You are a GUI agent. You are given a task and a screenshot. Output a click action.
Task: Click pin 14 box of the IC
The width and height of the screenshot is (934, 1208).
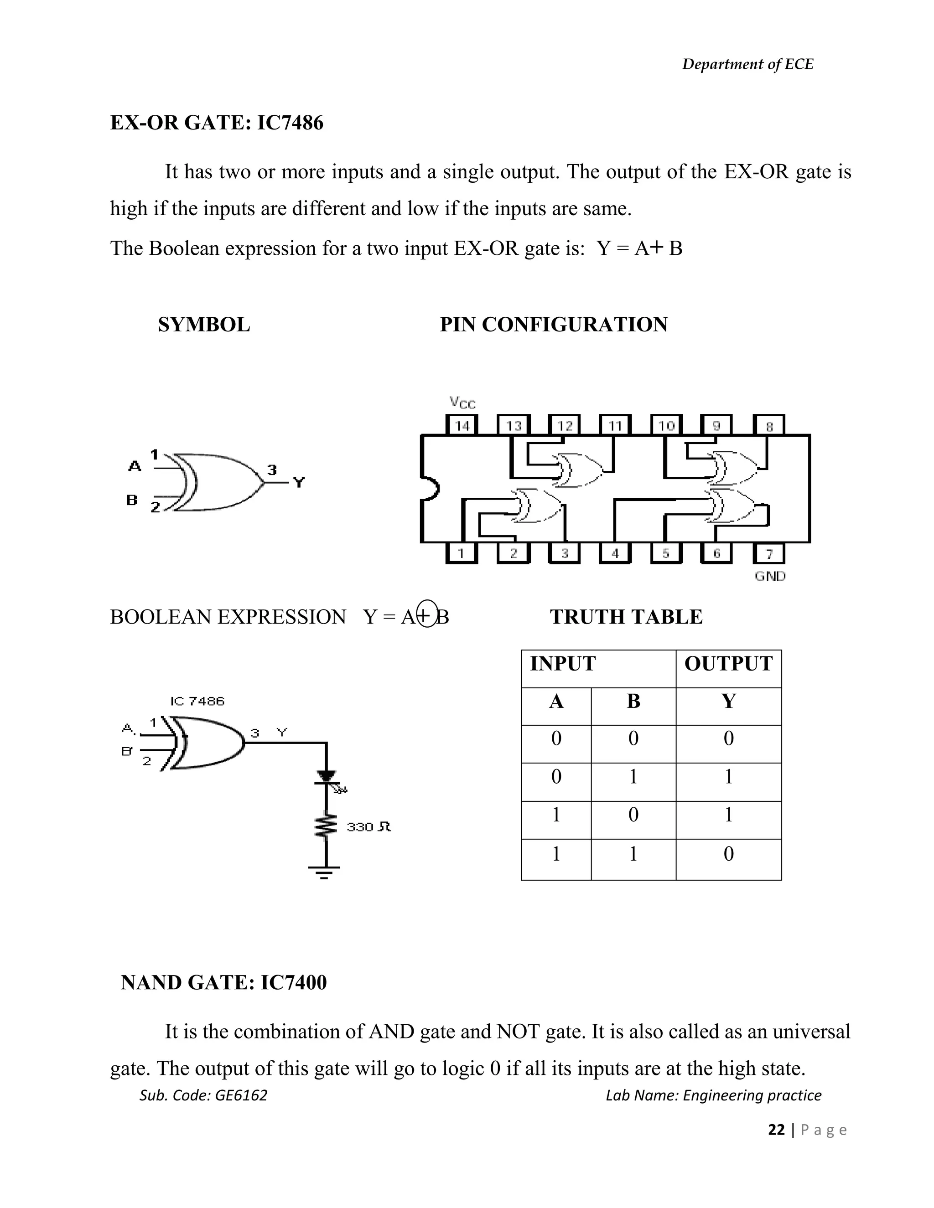pos(462,425)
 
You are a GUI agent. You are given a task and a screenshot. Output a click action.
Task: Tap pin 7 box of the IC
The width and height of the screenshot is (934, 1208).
pos(768,552)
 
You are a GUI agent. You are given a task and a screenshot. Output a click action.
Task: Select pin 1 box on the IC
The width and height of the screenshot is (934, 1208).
pos(461,552)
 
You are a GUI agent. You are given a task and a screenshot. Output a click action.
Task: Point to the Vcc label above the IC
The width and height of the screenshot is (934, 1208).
pos(462,403)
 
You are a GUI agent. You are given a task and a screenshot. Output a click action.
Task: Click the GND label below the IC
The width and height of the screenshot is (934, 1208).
pos(770,576)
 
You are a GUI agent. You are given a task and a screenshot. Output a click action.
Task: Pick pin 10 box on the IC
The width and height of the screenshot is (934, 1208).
pos(666,425)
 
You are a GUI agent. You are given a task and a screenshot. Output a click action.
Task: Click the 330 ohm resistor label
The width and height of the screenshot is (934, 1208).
pos(368,827)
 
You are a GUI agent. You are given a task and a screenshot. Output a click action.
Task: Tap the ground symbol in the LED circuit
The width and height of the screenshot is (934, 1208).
pos(324,872)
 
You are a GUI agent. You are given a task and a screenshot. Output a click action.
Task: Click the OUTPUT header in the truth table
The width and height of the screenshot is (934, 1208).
pos(728,664)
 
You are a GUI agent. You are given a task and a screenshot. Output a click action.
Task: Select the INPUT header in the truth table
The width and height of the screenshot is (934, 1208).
pos(563,664)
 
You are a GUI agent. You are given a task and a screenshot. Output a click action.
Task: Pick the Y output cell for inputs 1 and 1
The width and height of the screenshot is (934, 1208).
pos(728,854)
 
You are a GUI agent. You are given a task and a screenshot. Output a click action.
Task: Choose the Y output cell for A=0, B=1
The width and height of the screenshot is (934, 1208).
pos(728,777)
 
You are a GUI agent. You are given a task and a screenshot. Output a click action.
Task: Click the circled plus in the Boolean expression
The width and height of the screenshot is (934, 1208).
pos(425,614)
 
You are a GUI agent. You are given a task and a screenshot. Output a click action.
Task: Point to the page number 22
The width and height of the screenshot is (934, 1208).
pos(776,1130)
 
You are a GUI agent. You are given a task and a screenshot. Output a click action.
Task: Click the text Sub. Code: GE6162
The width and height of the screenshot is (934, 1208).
pos(203,1095)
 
